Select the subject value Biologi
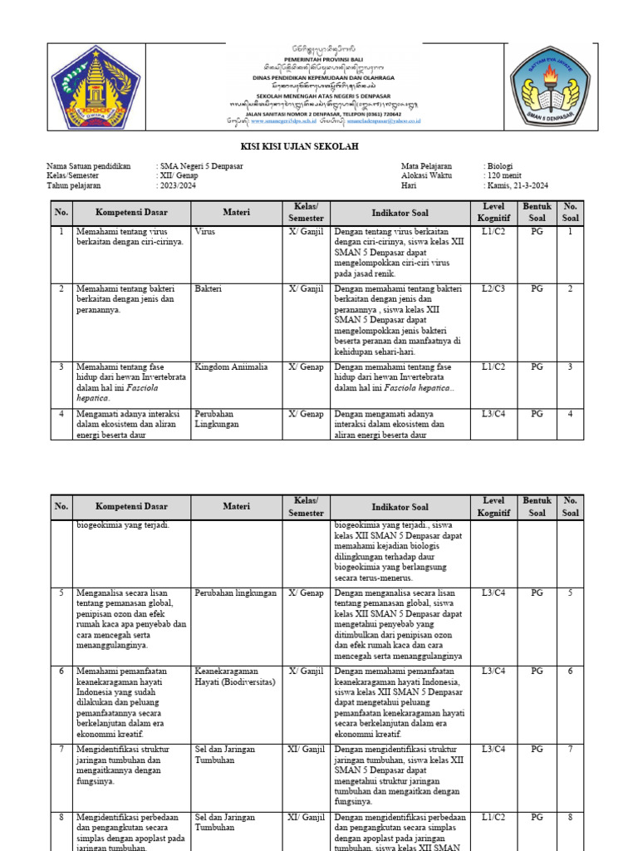(500, 166)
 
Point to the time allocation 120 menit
(503, 176)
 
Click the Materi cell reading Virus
(205, 233)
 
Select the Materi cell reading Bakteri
(209, 289)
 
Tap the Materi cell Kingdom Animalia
(231, 366)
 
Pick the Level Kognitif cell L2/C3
(493, 289)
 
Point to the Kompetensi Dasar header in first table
(131, 213)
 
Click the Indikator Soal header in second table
(400, 507)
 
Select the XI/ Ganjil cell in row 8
(306, 818)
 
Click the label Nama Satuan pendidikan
(89, 166)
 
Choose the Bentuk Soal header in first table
(537, 213)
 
